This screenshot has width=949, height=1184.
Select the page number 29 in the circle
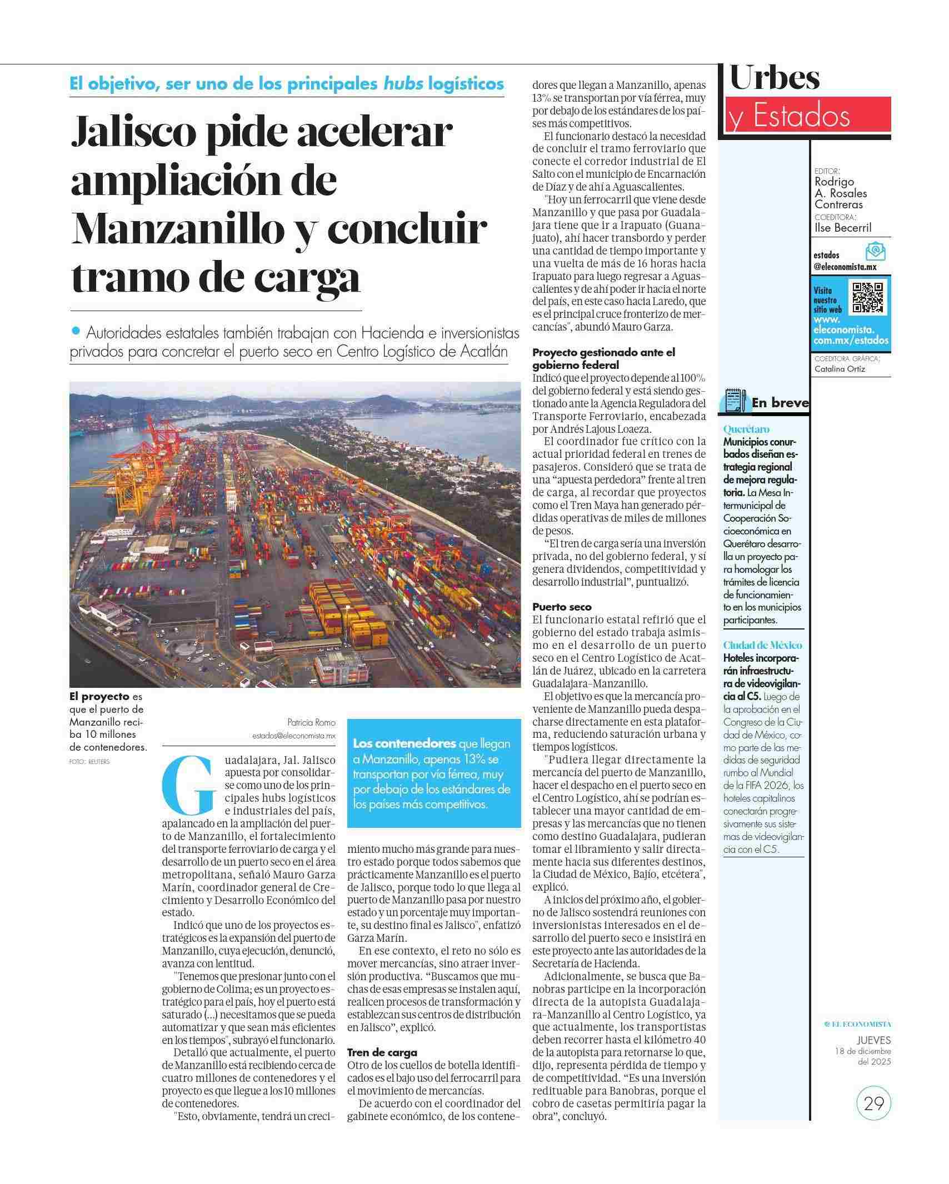coord(873,1102)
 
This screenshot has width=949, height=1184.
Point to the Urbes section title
coord(775,78)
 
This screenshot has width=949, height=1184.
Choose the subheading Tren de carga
coord(382,1052)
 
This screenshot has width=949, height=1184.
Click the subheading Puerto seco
coord(562,607)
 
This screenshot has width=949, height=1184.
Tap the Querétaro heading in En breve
coord(746,429)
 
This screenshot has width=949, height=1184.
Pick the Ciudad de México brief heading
coord(762,645)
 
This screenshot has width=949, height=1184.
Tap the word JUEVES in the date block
coord(873,1040)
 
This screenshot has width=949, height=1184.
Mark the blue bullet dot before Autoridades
coord(76,331)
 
